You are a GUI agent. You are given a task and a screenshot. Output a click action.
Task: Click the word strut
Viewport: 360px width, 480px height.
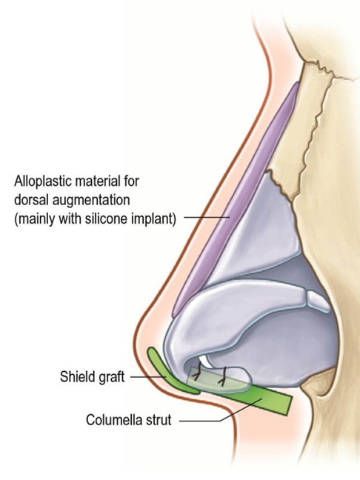(x=160, y=420)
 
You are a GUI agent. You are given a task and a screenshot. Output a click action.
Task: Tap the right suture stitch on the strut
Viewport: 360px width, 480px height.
(x=222, y=376)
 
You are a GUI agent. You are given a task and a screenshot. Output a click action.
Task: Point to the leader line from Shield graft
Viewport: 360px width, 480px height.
(x=148, y=377)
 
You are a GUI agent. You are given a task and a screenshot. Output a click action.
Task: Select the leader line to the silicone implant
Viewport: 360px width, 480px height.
(x=207, y=218)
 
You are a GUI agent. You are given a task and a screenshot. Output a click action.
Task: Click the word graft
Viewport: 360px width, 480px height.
(x=112, y=377)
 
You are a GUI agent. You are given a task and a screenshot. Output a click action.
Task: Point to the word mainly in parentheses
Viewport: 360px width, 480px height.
(x=37, y=219)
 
